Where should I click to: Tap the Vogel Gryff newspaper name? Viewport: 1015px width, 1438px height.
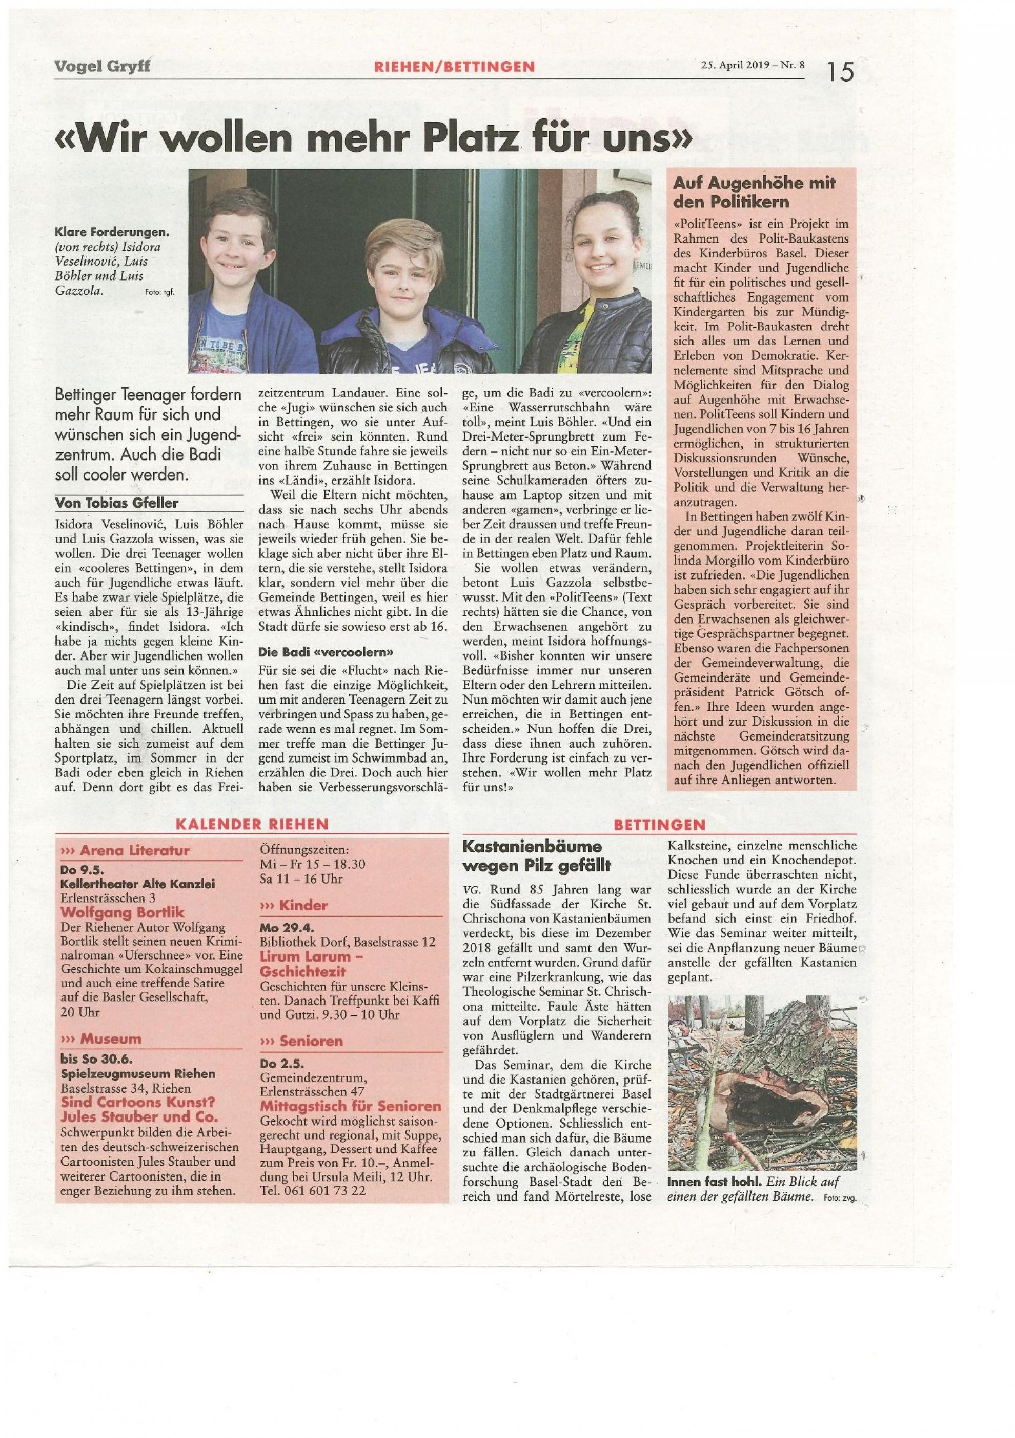coord(101,65)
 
